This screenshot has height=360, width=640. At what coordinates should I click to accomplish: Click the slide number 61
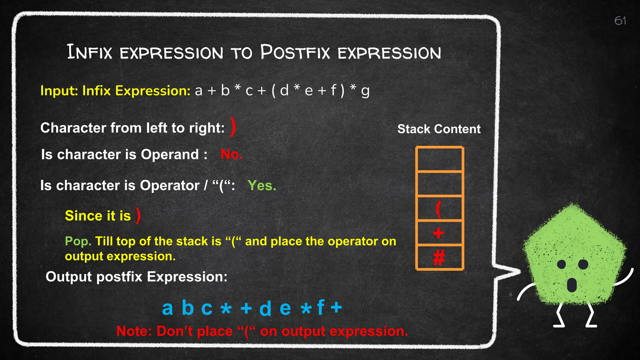pyautogui.click(x=620, y=21)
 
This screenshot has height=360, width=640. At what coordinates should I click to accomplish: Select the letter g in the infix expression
pyautogui.click(x=365, y=92)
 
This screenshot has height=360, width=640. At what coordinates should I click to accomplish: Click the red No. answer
pyautogui.click(x=231, y=154)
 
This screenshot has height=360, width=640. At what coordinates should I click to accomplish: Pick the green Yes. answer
pyautogui.click(x=262, y=185)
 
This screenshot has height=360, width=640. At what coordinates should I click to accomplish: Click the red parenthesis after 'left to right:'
pyautogui.click(x=232, y=127)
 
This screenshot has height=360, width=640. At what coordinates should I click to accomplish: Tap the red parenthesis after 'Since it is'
pyautogui.click(x=138, y=215)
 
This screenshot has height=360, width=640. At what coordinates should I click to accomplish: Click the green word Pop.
pyautogui.click(x=78, y=241)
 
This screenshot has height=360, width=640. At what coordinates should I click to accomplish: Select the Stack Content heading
pyautogui.click(x=439, y=129)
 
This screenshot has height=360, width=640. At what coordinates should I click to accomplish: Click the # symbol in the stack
pyautogui.click(x=439, y=258)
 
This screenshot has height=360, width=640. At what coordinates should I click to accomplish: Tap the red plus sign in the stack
pyautogui.click(x=438, y=233)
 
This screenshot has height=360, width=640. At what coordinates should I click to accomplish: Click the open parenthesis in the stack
pyautogui.click(x=438, y=209)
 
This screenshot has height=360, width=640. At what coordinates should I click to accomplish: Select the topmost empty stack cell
pyautogui.click(x=439, y=159)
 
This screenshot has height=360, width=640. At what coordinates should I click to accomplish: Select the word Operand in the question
pyautogui.click(x=170, y=154)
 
